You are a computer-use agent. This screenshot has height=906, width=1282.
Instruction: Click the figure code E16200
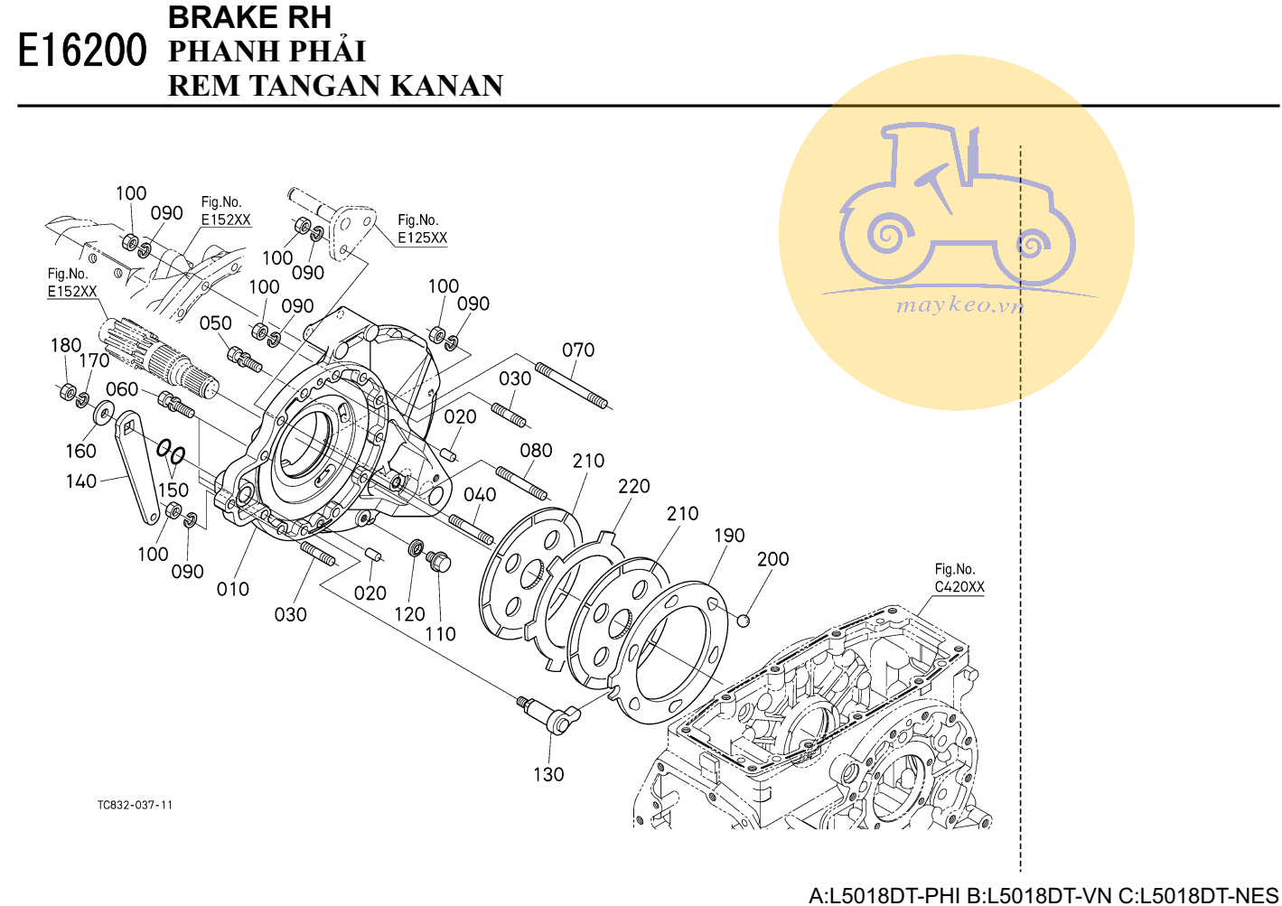(82, 51)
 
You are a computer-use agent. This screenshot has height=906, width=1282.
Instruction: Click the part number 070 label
(578, 350)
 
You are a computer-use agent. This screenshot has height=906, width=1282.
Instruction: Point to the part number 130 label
(548, 774)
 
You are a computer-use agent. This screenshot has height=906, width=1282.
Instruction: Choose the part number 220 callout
(633, 486)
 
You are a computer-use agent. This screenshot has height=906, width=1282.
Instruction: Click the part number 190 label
(729, 535)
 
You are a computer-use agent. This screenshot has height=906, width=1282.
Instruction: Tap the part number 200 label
(772, 558)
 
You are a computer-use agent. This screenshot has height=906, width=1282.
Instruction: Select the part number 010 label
(233, 589)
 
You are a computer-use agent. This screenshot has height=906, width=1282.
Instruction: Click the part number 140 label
(80, 481)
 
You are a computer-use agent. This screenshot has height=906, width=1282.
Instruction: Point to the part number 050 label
(215, 323)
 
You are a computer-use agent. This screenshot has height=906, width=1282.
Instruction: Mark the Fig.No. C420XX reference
(959, 578)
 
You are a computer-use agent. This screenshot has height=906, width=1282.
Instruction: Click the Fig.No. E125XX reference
(423, 229)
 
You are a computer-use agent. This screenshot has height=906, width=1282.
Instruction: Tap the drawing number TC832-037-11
(135, 805)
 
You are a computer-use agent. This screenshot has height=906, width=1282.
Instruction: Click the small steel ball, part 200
(743, 620)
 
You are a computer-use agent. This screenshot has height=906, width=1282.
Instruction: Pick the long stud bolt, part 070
(572, 387)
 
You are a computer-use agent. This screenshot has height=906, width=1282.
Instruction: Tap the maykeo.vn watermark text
(959, 305)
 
